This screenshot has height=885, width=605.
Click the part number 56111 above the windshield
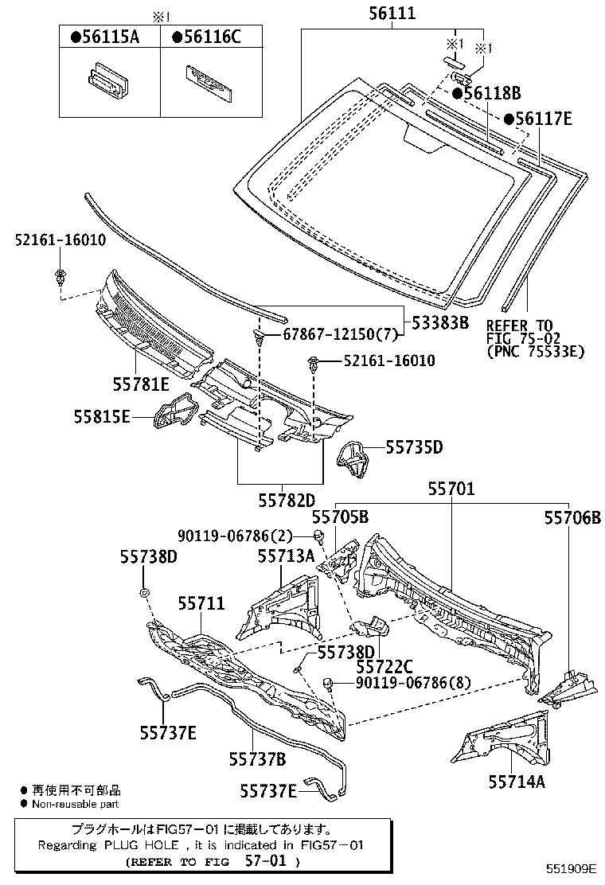click(392, 14)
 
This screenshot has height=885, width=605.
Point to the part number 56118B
click(486, 93)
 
